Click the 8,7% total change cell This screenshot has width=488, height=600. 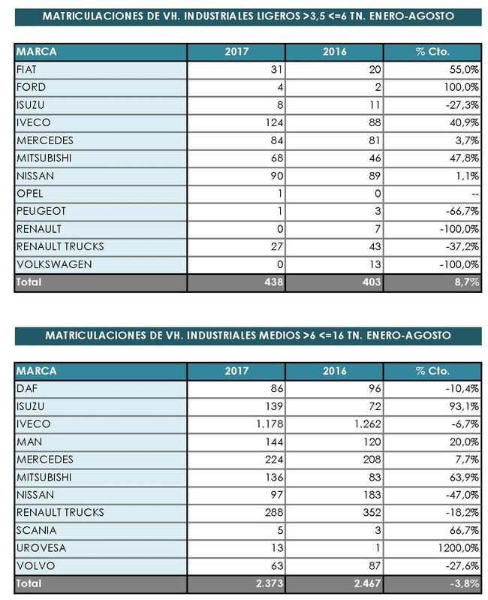(466, 282)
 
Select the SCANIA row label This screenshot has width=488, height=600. (32, 530)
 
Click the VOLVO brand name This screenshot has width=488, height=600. (31, 565)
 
